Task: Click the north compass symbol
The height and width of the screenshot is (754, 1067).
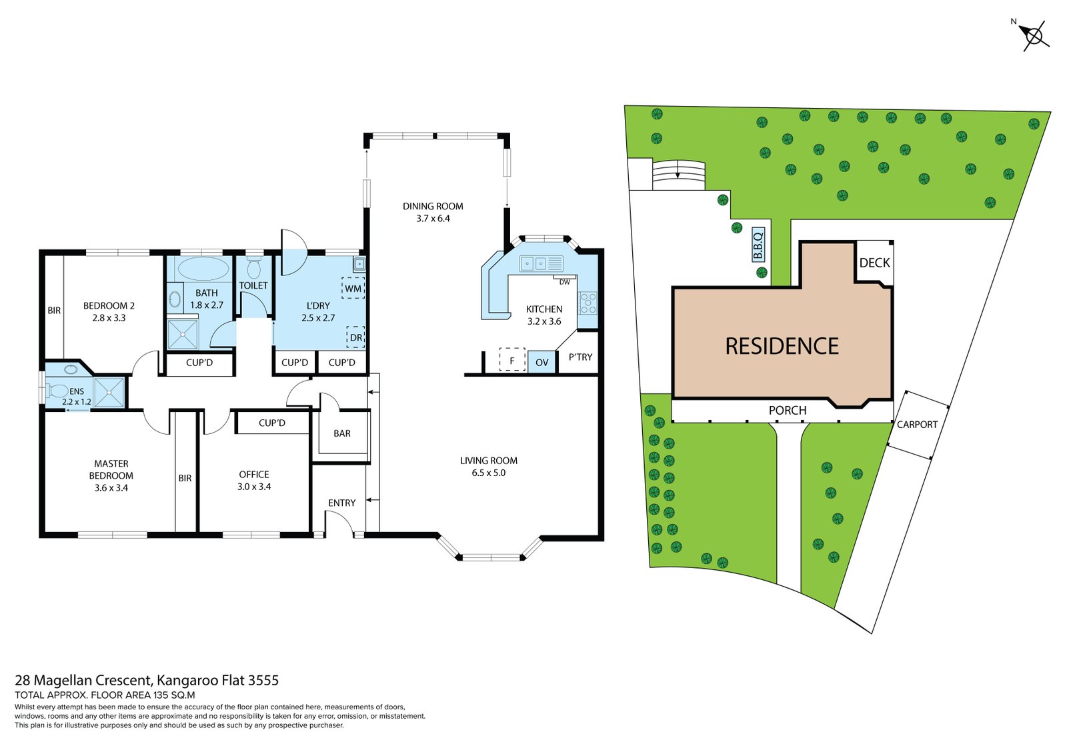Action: [1034, 36]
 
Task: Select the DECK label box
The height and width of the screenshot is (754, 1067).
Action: [874, 263]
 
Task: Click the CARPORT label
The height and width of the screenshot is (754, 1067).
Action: [917, 424]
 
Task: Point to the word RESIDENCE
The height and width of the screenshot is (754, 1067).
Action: [782, 346]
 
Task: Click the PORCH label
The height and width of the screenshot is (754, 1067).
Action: [787, 410]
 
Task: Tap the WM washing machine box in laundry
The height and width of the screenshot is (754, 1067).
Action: [353, 288]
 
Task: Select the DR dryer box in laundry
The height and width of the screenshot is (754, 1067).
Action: [355, 337]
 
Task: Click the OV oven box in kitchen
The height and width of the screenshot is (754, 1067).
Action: [542, 362]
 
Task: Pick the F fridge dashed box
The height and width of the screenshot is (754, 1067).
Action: [512, 361]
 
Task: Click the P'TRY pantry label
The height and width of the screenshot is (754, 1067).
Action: [580, 357]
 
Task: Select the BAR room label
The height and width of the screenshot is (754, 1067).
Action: [342, 433]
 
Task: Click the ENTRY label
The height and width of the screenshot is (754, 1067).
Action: [341, 503]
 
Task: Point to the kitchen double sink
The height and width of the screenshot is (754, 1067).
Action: [533, 263]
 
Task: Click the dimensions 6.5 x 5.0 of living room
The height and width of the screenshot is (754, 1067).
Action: [488, 473]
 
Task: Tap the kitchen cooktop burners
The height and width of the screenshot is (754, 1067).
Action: [588, 303]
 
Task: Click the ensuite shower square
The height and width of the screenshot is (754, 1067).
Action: [109, 393]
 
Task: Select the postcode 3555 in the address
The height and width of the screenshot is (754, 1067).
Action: [263, 680]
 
